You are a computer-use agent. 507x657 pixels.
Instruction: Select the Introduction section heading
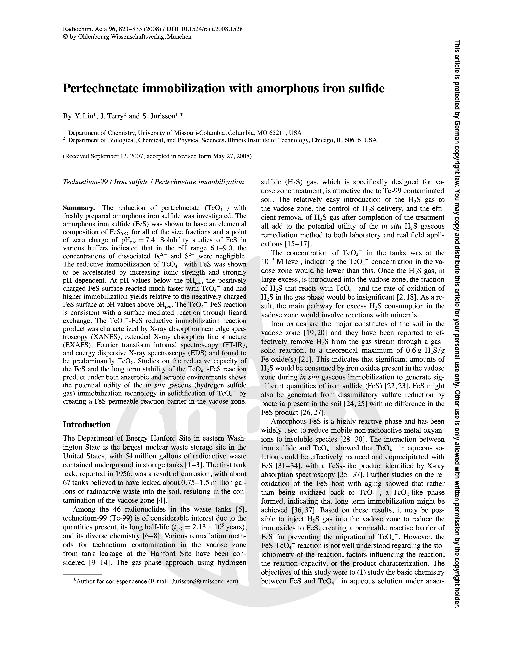[x=87, y=424]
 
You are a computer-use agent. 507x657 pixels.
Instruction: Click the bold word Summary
[x=79, y=208]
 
